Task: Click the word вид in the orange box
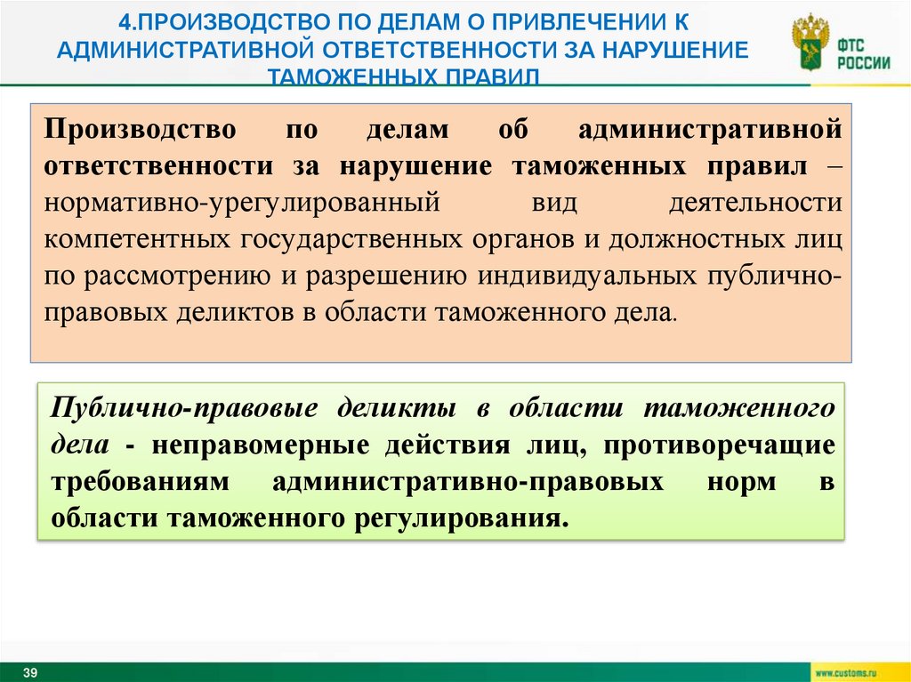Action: coord(553,202)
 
